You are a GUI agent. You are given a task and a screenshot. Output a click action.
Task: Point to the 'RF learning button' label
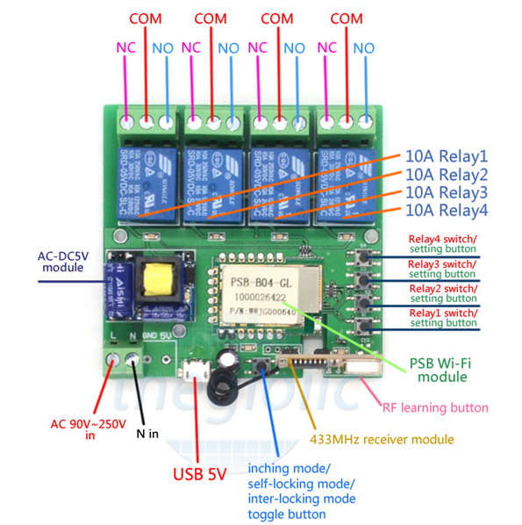435,407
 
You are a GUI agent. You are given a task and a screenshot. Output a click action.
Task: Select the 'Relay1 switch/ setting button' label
444,318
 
